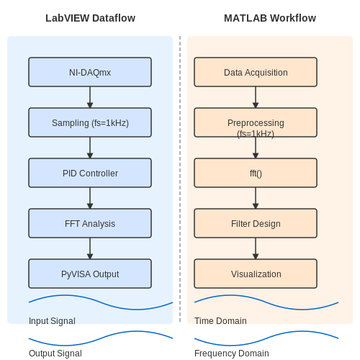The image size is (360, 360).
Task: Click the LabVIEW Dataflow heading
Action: [x=90, y=18]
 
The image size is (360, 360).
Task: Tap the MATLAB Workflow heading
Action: [x=270, y=18]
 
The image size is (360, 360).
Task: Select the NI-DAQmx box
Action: [x=90, y=72]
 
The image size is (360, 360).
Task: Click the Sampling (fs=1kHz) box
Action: [x=90, y=122]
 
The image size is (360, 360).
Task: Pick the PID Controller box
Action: [x=90, y=173]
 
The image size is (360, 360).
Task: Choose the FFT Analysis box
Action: [x=90, y=223]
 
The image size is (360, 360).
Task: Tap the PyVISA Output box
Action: [x=90, y=274]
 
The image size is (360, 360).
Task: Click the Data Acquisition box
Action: [x=256, y=72]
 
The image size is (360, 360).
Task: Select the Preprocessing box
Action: [x=256, y=122]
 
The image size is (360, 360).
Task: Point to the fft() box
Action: [x=256, y=173]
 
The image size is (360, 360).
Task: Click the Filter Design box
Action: [x=256, y=223]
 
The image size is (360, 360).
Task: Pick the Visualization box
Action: [x=256, y=274]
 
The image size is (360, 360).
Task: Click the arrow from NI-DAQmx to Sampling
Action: [x=90, y=97]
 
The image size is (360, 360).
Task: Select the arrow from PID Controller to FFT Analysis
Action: [x=90, y=198]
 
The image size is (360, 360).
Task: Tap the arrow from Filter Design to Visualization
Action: [x=256, y=248]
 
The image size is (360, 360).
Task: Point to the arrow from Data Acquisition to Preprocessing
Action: [x=256, y=97]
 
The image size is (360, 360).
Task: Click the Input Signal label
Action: [x=52, y=321]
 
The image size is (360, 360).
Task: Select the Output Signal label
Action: [x=55, y=354]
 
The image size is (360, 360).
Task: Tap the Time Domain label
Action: [x=220, y=321]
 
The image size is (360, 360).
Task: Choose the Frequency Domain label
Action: [x=232, y=354]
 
